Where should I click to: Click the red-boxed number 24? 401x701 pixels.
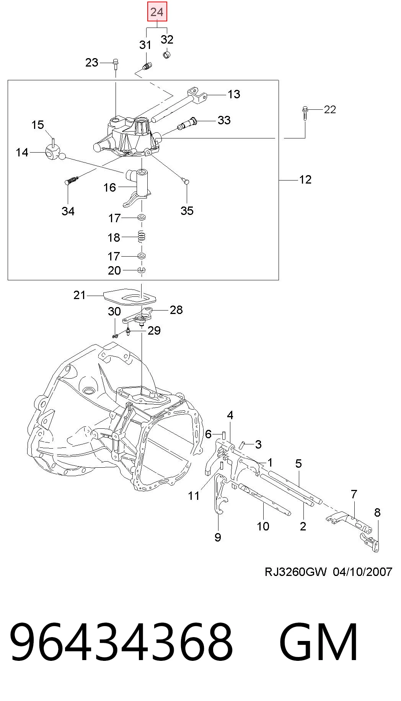[157, 12]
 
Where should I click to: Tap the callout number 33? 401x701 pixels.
[224, 120]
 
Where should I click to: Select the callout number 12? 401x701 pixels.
[305, 179]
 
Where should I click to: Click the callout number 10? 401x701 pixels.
[263, 526]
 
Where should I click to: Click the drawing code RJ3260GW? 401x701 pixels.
[296, 572]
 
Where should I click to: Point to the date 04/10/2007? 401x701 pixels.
[362, 572]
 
